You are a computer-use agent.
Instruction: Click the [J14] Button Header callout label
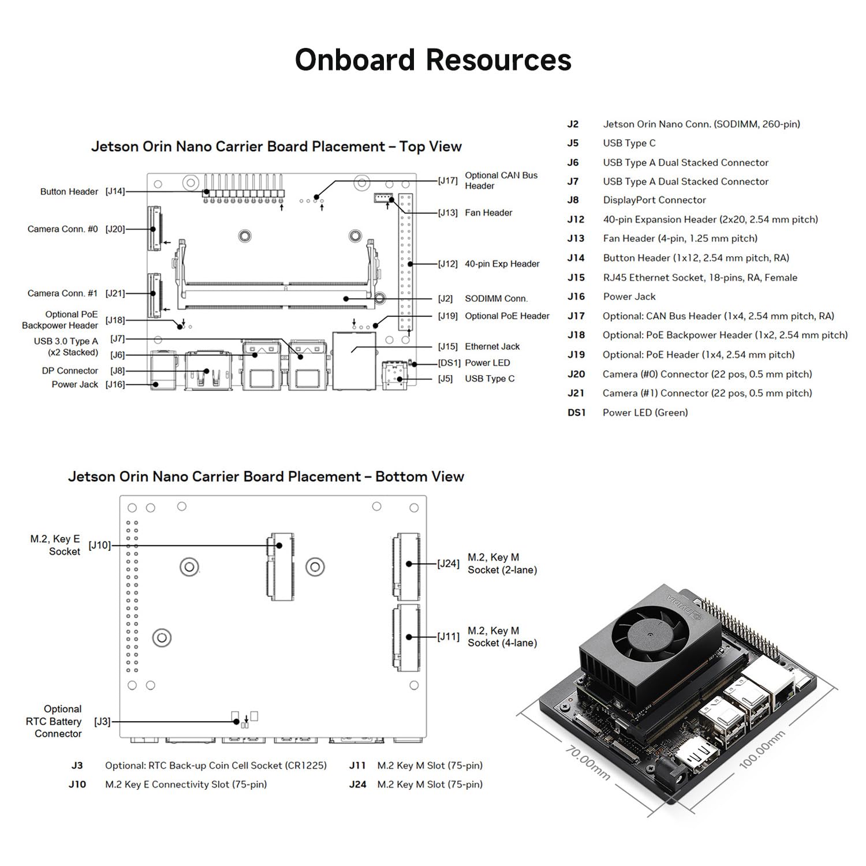tap(115, 191)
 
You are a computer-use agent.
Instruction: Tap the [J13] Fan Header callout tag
tap(448, 213)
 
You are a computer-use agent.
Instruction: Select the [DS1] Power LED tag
tap(449, 363)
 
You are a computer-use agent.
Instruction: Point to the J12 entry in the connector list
tap(576, 219)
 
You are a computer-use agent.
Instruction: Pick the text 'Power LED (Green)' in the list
tap(645, 412)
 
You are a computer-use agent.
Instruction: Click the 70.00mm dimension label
tap(587, 763)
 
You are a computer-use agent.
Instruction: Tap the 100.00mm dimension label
tap(762, 749)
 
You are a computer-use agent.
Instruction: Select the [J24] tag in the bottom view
tap(448, 563)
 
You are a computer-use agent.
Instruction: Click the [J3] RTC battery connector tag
tap(102, 722)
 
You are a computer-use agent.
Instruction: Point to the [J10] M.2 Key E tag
tap(99, 545)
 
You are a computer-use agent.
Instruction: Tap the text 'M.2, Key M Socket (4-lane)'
tap(502, 637)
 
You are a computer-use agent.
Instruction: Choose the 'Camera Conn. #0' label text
tap(62, 229)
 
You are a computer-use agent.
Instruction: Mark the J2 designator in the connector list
tap(573, 124)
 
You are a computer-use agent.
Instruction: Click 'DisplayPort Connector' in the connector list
tap(654, 200)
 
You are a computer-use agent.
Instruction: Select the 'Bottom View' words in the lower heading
tap(420, 477)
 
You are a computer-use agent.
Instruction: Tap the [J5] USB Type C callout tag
tap(445, 379)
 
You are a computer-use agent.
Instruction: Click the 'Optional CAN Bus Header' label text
tap(501, 181)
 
